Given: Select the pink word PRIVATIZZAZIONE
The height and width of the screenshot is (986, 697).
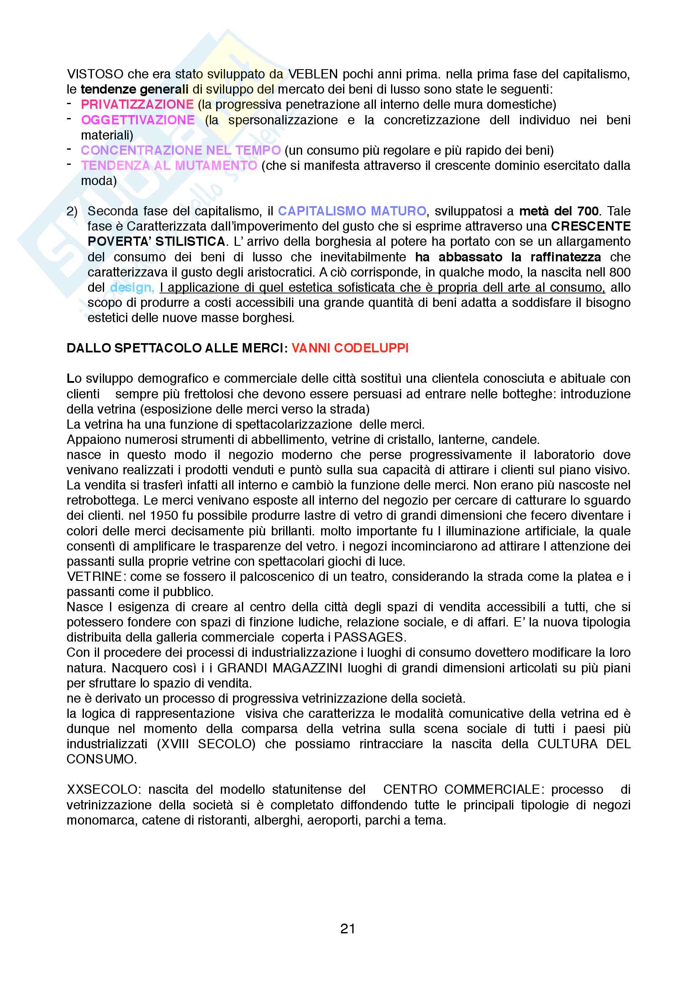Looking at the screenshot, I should (137, 105).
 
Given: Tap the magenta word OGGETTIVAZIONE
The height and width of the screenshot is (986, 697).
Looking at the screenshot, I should (138, 120).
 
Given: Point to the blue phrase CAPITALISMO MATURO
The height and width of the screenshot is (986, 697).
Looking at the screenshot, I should (352, 211).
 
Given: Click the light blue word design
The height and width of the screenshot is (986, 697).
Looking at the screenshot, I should (131, 287).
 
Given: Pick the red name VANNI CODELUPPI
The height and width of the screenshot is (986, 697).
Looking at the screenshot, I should (350, 348).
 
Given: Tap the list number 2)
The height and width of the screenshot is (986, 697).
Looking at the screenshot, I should (72, 211).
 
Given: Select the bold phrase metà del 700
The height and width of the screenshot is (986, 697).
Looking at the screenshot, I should (559, 211).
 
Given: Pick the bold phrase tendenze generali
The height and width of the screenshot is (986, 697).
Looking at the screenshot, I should (134, 89).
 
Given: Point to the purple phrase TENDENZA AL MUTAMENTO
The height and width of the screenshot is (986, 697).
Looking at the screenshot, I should (169, 165).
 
